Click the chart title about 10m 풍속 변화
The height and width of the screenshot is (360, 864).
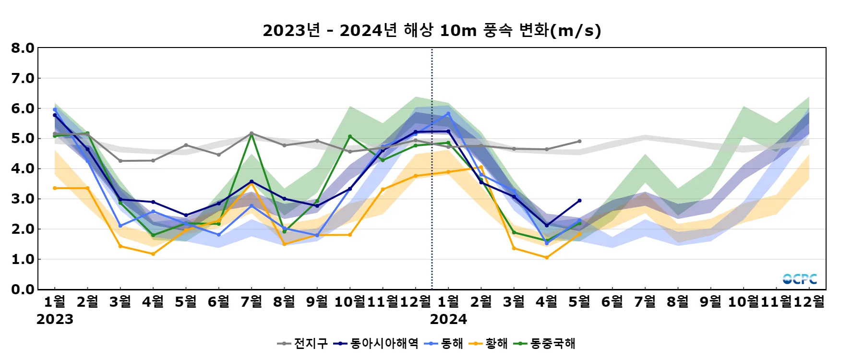[x=432, y=30]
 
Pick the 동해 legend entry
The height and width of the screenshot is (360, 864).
[x=444, y=344]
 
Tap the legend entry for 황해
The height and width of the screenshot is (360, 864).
[x=489, y=344]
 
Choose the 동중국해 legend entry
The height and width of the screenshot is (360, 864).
[x=545, y=344]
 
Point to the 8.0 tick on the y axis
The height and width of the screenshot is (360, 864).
[x=23, y=48]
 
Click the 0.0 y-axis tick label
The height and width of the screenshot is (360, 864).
[x=23, y=289]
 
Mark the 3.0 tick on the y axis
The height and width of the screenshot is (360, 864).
[x=23, y=199]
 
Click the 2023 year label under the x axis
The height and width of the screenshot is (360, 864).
[x=55, y=319]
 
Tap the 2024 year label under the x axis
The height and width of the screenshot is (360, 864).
[x=448, y=319]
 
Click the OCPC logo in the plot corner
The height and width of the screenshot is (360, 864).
[x=800, y=279]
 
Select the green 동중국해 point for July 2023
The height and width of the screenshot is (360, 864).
[x=252, y=135]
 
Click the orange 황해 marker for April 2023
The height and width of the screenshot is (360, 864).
[x=153, y=254]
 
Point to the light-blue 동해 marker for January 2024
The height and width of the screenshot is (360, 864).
[x=448, y=114]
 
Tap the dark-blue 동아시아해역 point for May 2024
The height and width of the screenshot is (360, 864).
[x=579, y=201]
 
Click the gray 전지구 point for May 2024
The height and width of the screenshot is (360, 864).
[x=579, y=141]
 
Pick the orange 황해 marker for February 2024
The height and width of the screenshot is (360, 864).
[x=481, y=168]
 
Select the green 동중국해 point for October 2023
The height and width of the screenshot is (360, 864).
[x=350, y=136]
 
